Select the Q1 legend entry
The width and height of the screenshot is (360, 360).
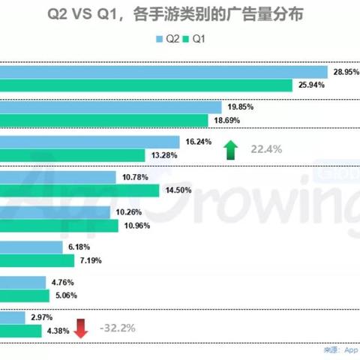coord(196,40)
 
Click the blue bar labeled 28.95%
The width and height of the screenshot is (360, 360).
coord(163,72)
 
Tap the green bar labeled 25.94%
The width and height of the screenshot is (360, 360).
coord(145,85)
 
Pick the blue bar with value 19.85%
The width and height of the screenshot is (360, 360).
coord(111,107)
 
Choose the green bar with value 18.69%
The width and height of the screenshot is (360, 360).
coord(103,121)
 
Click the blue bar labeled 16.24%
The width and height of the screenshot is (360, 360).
coord(90,142)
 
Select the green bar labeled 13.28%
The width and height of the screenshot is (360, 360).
coord(72,155)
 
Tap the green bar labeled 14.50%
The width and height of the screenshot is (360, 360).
coord(79,190)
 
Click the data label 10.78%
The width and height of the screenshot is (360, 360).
coord(132,177)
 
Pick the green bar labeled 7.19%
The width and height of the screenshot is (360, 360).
coord(37,260)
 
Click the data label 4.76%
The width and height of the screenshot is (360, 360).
coord(84,283)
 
